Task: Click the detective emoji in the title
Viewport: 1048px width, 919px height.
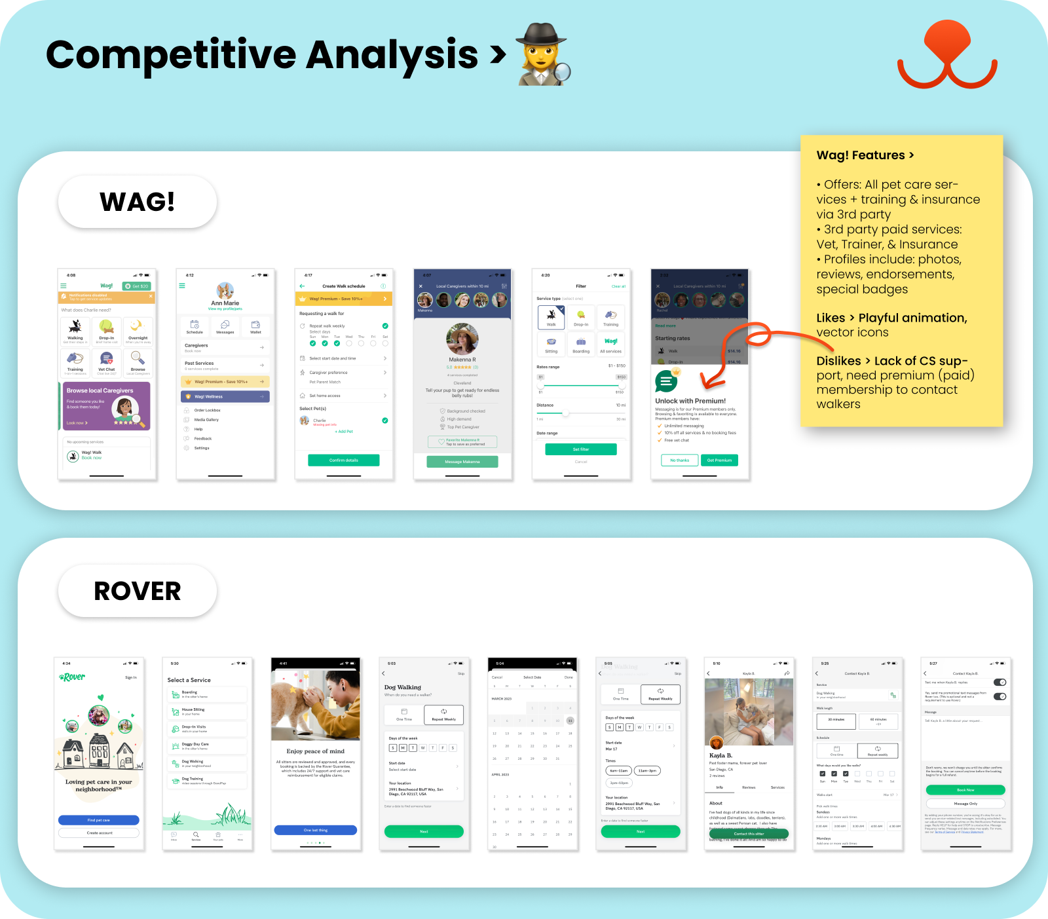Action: click(543, 54)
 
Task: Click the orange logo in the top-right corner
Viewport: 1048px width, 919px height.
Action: click(947, 56)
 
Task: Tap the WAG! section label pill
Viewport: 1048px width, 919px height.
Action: click(138, 202)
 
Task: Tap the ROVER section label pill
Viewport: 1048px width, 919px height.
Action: click(138, 591)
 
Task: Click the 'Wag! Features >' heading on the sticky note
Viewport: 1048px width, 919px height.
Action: click(865, 155)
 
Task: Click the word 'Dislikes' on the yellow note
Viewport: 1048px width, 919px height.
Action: click(838, 361)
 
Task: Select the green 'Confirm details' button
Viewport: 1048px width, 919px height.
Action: click(344, 460)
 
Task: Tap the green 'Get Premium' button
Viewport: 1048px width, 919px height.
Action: click(719, 460)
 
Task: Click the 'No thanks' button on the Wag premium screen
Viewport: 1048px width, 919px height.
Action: click(679, 460)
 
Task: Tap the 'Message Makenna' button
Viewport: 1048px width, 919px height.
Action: click(462, 462)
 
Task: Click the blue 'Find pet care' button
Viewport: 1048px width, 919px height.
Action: click(99, 820)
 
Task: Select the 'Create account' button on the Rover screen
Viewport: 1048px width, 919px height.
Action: click(99, 833)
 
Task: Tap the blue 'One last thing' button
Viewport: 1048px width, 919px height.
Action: click(316, 830)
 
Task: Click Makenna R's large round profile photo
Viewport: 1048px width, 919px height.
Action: click(462, 339)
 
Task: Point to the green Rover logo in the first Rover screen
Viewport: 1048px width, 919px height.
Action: click(72, 677)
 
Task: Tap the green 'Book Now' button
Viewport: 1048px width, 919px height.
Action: click(965, 790)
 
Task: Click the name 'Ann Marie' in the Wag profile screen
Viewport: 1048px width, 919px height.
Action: click(225, 303)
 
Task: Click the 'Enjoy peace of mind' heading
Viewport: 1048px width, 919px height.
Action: click(316, 751)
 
